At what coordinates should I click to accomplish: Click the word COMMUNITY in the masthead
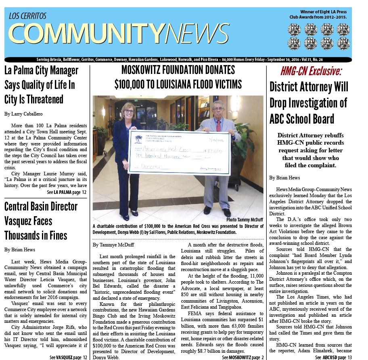pos(86,34)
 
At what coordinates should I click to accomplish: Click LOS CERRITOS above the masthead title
pos(27,16)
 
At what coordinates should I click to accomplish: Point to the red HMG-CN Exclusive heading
pos(311,72)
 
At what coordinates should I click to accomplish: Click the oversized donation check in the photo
pos(179,152)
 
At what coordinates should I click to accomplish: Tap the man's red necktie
pos(218,125)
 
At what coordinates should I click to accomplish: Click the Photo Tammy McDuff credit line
pos(245,219)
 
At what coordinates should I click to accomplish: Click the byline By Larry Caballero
pos(23,114)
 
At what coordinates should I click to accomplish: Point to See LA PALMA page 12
pos(67,192)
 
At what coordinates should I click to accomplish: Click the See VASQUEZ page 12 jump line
pos(68,357)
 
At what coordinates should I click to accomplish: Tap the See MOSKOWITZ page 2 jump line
pos(243,357)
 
